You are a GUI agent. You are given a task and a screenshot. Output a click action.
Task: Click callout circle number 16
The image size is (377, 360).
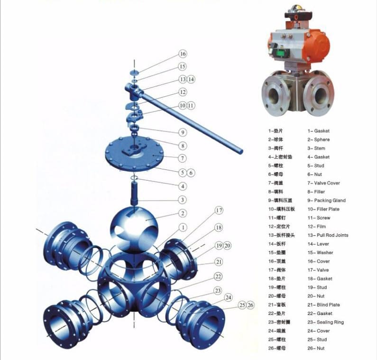pyautogui.click(x=183, y=54)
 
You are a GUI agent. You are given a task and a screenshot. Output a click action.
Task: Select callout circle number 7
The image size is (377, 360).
pyautogui.click(x=183, y=157)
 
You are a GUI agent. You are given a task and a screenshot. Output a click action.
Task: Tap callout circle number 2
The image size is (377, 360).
pyautogui.click(x=183, y=213)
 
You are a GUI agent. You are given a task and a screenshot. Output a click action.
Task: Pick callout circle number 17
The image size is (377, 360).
pyautogui.click(x=218, y=210)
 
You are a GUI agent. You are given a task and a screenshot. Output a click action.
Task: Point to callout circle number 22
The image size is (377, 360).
pyautogui.click(x=218, y=276)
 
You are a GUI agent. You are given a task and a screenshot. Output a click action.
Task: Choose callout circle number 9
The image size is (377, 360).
pyautogui.click(x=183, y=132)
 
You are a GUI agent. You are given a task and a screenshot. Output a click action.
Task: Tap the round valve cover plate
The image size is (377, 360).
pyautogui.click(x=134, y=153)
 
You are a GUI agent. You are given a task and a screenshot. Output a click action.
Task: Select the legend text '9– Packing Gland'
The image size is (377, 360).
pyautogui.click(x=326, y=201)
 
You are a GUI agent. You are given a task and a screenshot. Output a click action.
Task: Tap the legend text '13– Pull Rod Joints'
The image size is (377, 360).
pyautogui.click(x=328, y=235)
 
